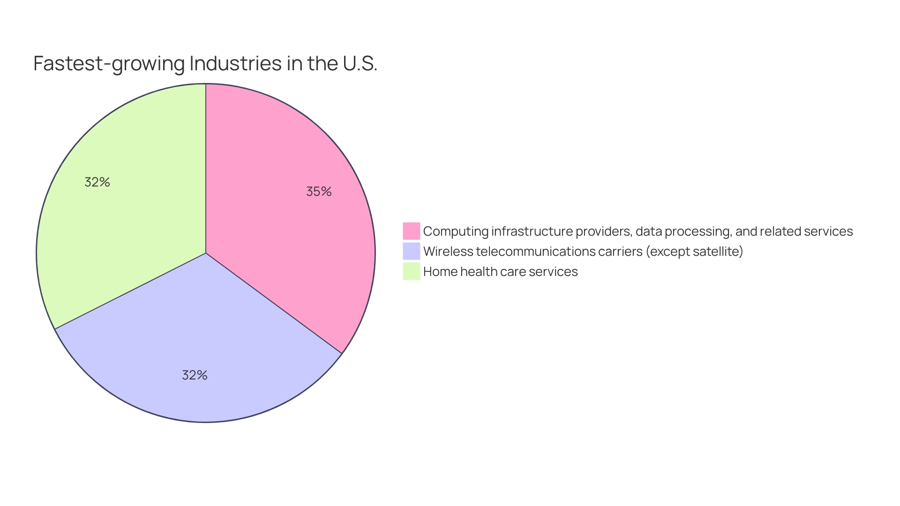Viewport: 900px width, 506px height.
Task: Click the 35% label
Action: pyautogui.click(x=319, y=192)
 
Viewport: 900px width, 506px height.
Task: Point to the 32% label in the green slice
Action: pyautogui.click(x=97, y=182)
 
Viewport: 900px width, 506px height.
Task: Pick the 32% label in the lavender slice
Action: pyautogui.click(x=195, y=375)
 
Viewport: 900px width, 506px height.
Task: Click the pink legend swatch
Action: pyautogui.click(x=411, y=231)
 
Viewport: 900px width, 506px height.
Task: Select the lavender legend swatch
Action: pyautogui.click(x=411, y=251)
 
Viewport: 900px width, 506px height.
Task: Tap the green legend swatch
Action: pyautogui.click(x=411, y=271)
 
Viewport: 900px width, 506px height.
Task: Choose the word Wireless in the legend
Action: pyautogui.click(x=448, y=252)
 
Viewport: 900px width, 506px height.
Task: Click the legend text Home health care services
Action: pyautogui.click(x=500, y=272)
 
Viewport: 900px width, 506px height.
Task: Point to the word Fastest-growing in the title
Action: pyautogui.click(x=109, y=64)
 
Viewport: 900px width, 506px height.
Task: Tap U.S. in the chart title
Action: pyautogui.click(x=360, y=64)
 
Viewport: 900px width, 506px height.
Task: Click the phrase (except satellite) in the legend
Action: pyautogui.click(x=694, y=252)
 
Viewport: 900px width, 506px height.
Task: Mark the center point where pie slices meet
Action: pyautogui.click(x=206, y=253)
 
